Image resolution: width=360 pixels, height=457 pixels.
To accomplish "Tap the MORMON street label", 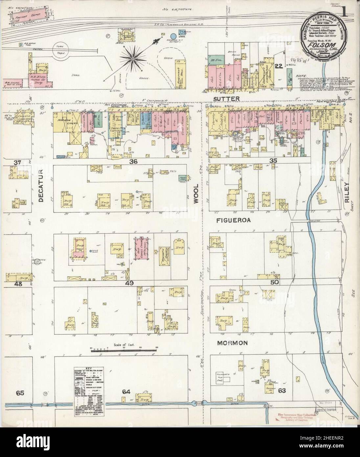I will [232, 343].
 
